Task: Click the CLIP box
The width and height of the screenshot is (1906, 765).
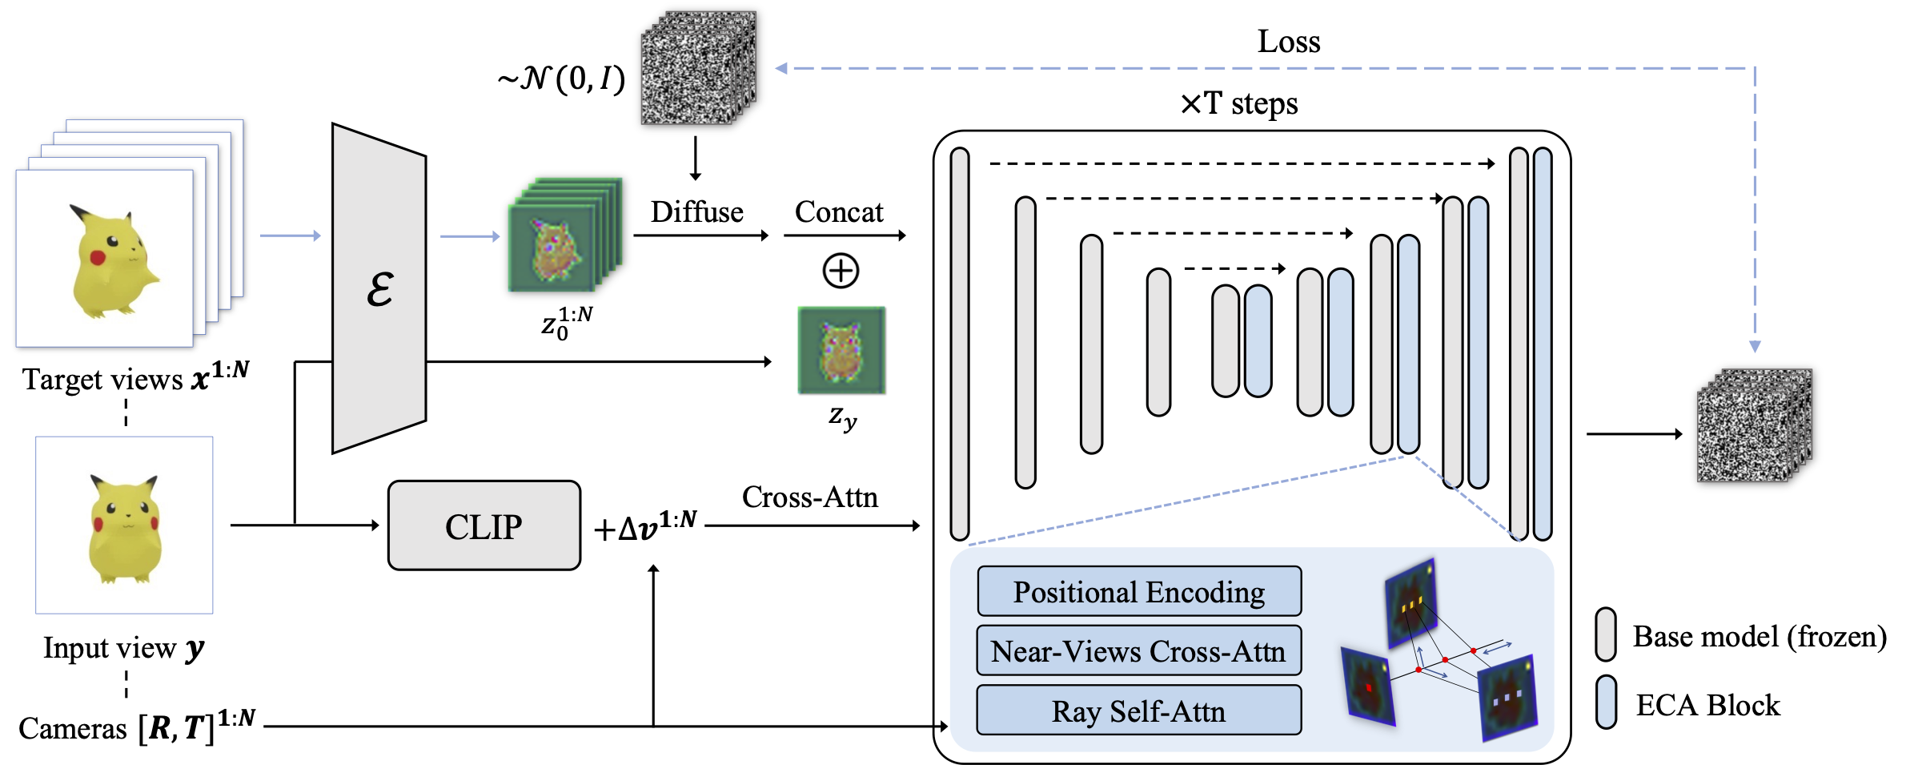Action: (484, 525)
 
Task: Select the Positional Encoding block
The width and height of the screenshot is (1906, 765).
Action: (1138, 591)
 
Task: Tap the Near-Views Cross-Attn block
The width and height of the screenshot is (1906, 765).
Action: (1138, 650)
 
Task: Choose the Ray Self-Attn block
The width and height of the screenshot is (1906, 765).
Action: (1138, 710)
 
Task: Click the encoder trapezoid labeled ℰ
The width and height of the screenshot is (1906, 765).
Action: (379, 288)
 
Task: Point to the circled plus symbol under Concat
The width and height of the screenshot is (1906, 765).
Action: (841, 271)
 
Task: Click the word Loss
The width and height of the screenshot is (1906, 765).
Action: (1289, 42)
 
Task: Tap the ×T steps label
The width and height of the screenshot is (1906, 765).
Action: (1239, 103)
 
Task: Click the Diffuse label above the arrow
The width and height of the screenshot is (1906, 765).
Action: (696, 212)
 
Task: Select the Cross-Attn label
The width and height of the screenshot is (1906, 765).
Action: (809, 497)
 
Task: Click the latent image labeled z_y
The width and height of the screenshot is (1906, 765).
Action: (841, 350)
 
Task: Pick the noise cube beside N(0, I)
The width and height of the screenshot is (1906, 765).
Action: (698, 67)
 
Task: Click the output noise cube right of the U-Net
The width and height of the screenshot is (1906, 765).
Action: (1754, 425)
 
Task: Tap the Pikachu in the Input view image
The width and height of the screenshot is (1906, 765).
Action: (125, 528)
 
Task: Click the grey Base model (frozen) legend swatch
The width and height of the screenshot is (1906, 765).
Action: (1605, 634)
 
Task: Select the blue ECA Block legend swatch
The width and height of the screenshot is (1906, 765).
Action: (1605, 702)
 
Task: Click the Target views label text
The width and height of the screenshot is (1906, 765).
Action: (135, 377)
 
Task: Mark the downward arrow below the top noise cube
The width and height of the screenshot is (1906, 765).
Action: (695, 158)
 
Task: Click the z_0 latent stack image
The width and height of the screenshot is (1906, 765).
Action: (565, 235)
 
